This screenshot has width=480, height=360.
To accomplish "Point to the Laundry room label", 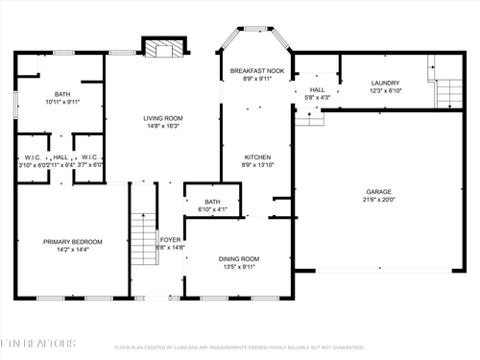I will point(385,83).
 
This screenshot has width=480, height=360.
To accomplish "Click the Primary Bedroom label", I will point(74,241).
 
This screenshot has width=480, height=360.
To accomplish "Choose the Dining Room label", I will point(239,258).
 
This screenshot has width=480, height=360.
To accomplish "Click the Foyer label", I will point(171,239).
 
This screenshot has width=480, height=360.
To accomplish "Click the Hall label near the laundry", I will point(317,89).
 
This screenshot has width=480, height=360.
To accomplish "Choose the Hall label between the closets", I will point(60,157).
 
